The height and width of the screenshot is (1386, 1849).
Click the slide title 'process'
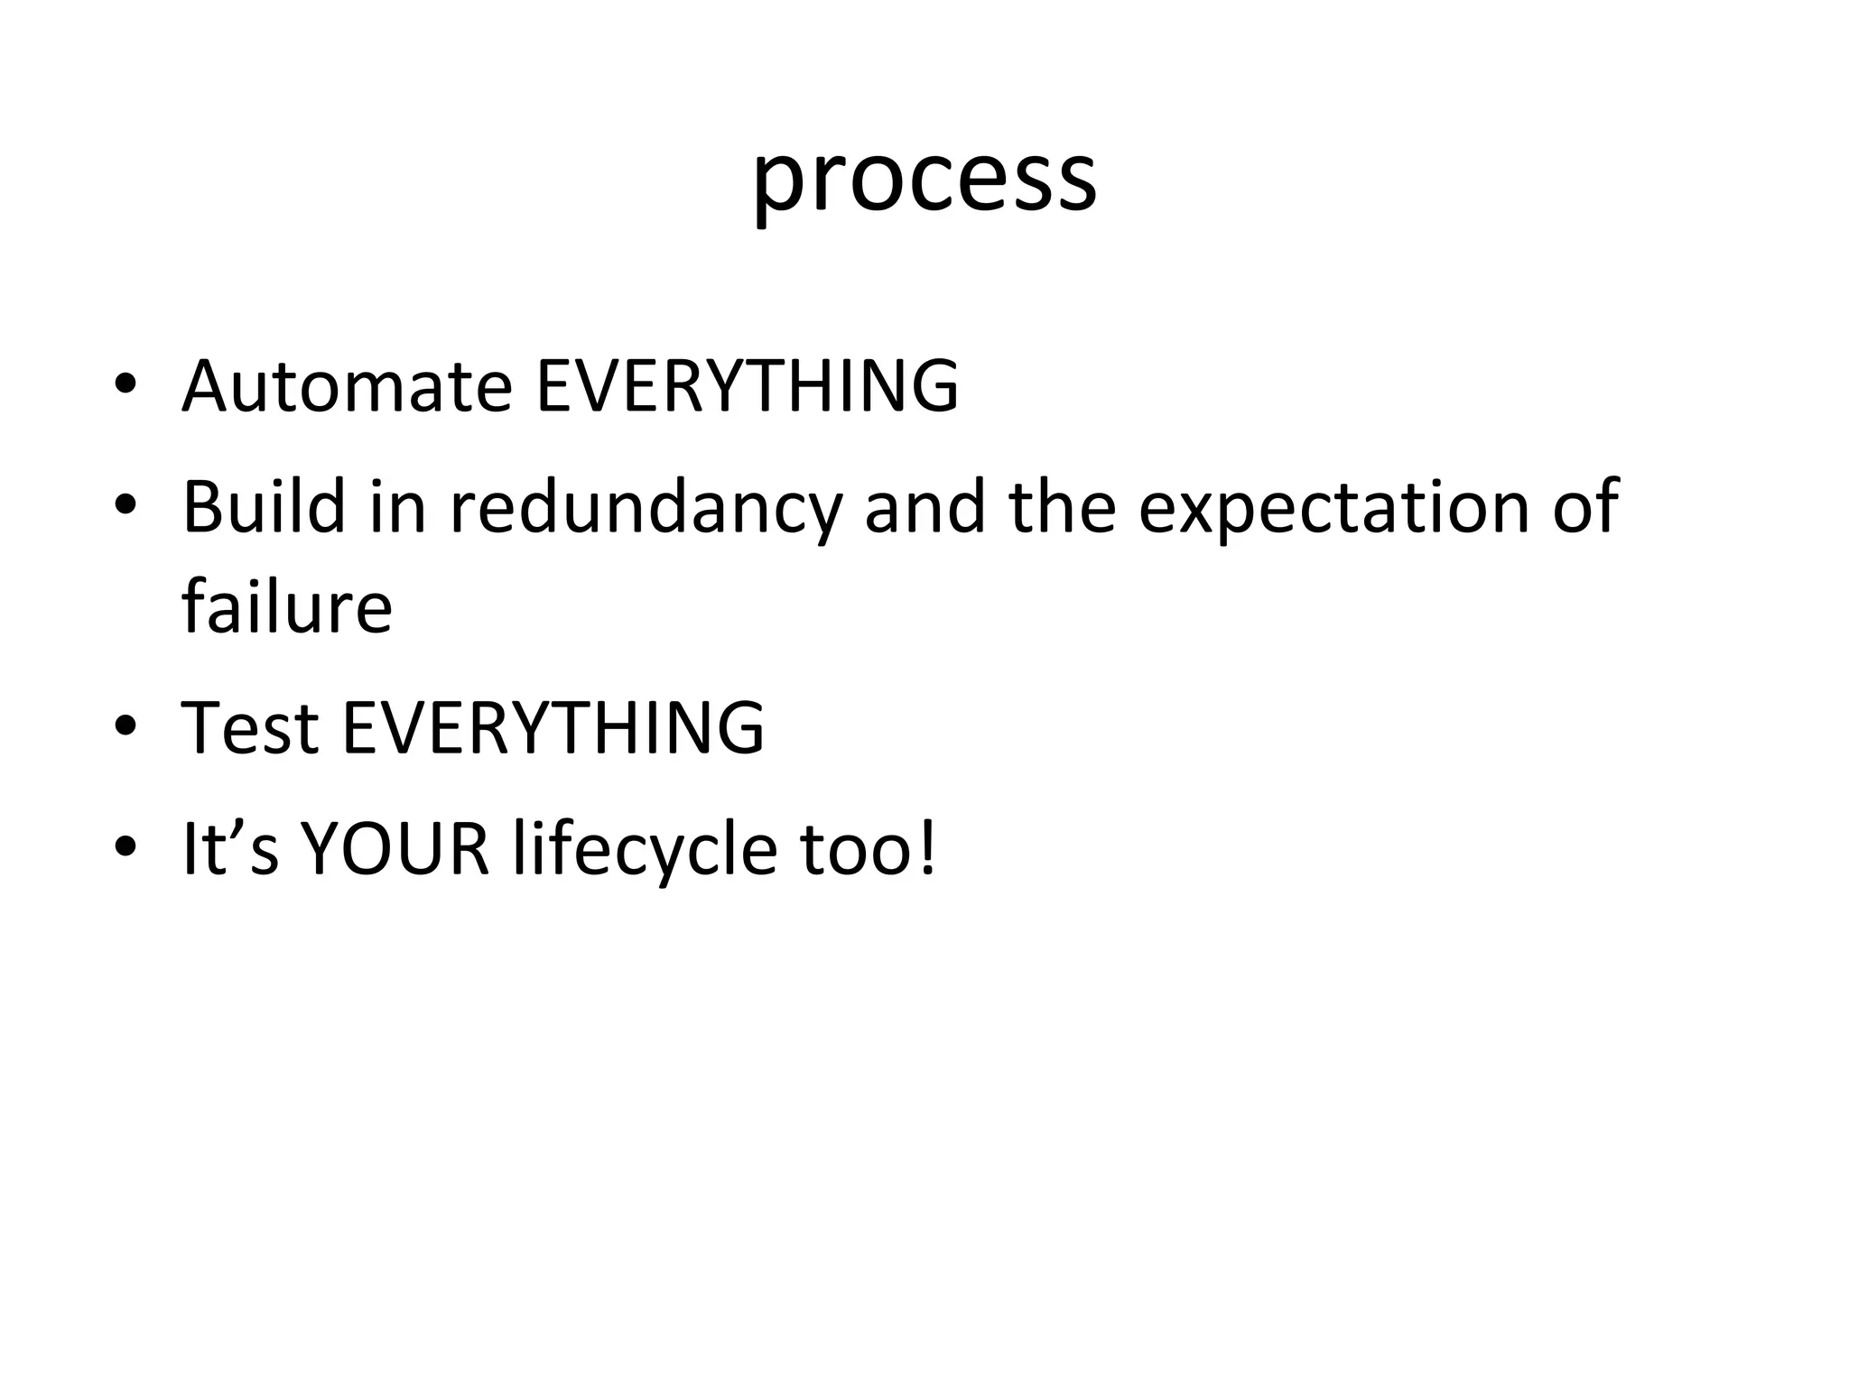click(924, 178)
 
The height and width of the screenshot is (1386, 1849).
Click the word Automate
click(347, 386)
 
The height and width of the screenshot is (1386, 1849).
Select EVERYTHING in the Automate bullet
click(748, 386)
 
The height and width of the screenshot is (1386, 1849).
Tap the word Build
click(264, 507)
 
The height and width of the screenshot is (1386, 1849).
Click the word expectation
click(1333, 507)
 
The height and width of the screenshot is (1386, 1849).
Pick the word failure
click(287, 606)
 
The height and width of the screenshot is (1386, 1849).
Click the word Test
click(250, 727)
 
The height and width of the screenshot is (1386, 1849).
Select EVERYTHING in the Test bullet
click(553, 727)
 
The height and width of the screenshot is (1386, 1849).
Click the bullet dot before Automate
click(125, 386)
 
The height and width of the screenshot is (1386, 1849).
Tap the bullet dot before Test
click(125, 726)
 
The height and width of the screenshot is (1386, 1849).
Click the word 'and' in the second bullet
click(924, 507)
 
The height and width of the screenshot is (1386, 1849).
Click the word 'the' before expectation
click(1062, 507)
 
